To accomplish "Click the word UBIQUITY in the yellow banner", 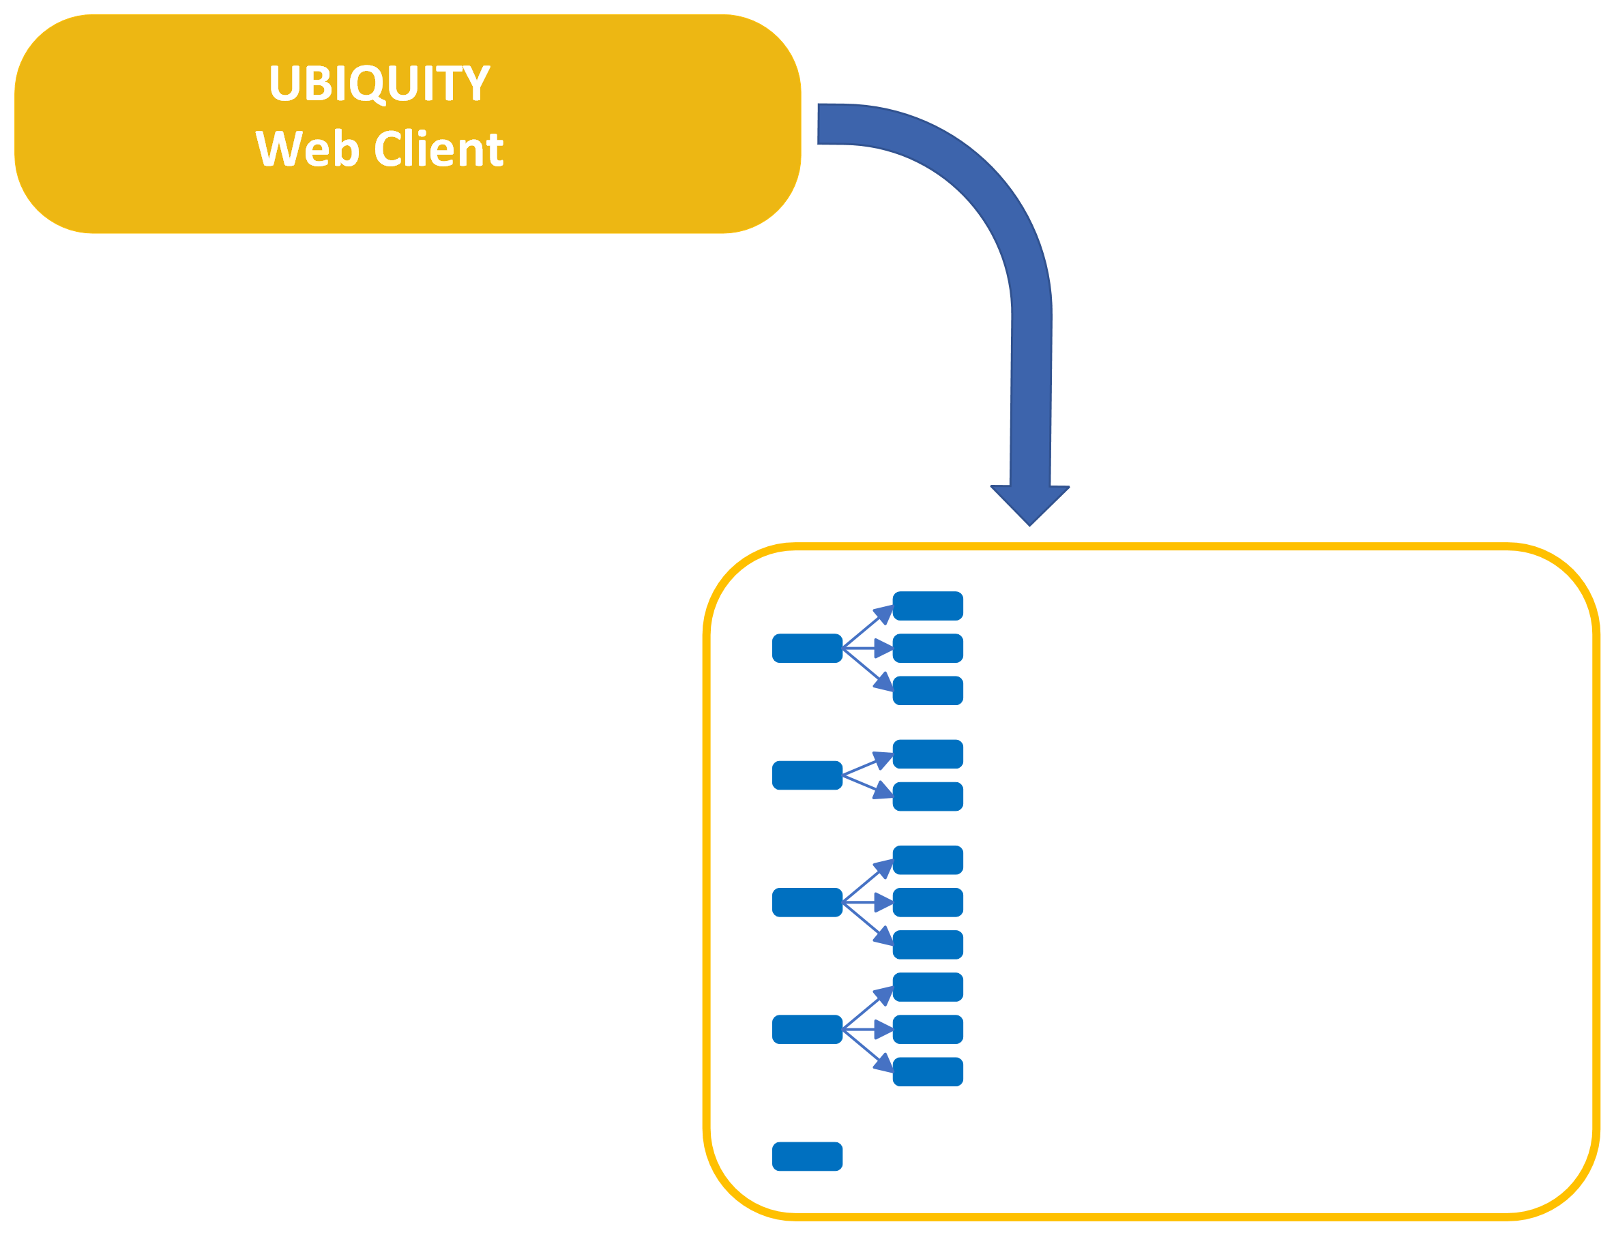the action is pyautogui.click(x=380, y=84).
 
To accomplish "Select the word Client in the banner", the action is pyautogui.click(x=439, y=148).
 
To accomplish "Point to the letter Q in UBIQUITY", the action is pyautogui.click(x=368, y=85).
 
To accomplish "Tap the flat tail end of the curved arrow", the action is pyautogui.click(x=819, y=124).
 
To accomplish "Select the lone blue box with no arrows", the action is pyautogui.click(x=806, y=1157).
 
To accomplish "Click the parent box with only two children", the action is pyautogui.click(x=806, y=775).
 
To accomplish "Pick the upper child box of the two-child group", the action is pyautogui.click(x=927, y=754).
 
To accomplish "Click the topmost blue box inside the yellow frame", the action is pyautogui.click(x=927, y=606).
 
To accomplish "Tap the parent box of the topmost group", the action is pyautogui.click(x=806, y=649).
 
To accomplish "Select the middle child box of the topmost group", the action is pyautogui.click(x=927, y=649).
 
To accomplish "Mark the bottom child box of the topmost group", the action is pyautogui.click(x=927, y=690).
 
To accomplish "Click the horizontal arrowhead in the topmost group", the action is pyautogui.click(x=883, y=649).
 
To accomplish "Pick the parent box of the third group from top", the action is pyautogui.click(x=806, y=903).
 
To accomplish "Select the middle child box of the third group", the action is pyautogui.click(x=927, y=903).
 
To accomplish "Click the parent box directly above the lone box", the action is pyautogui.click(x=806, y=1029).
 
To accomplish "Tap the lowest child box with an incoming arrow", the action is pyautogui.click(x=927, y=1072).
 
